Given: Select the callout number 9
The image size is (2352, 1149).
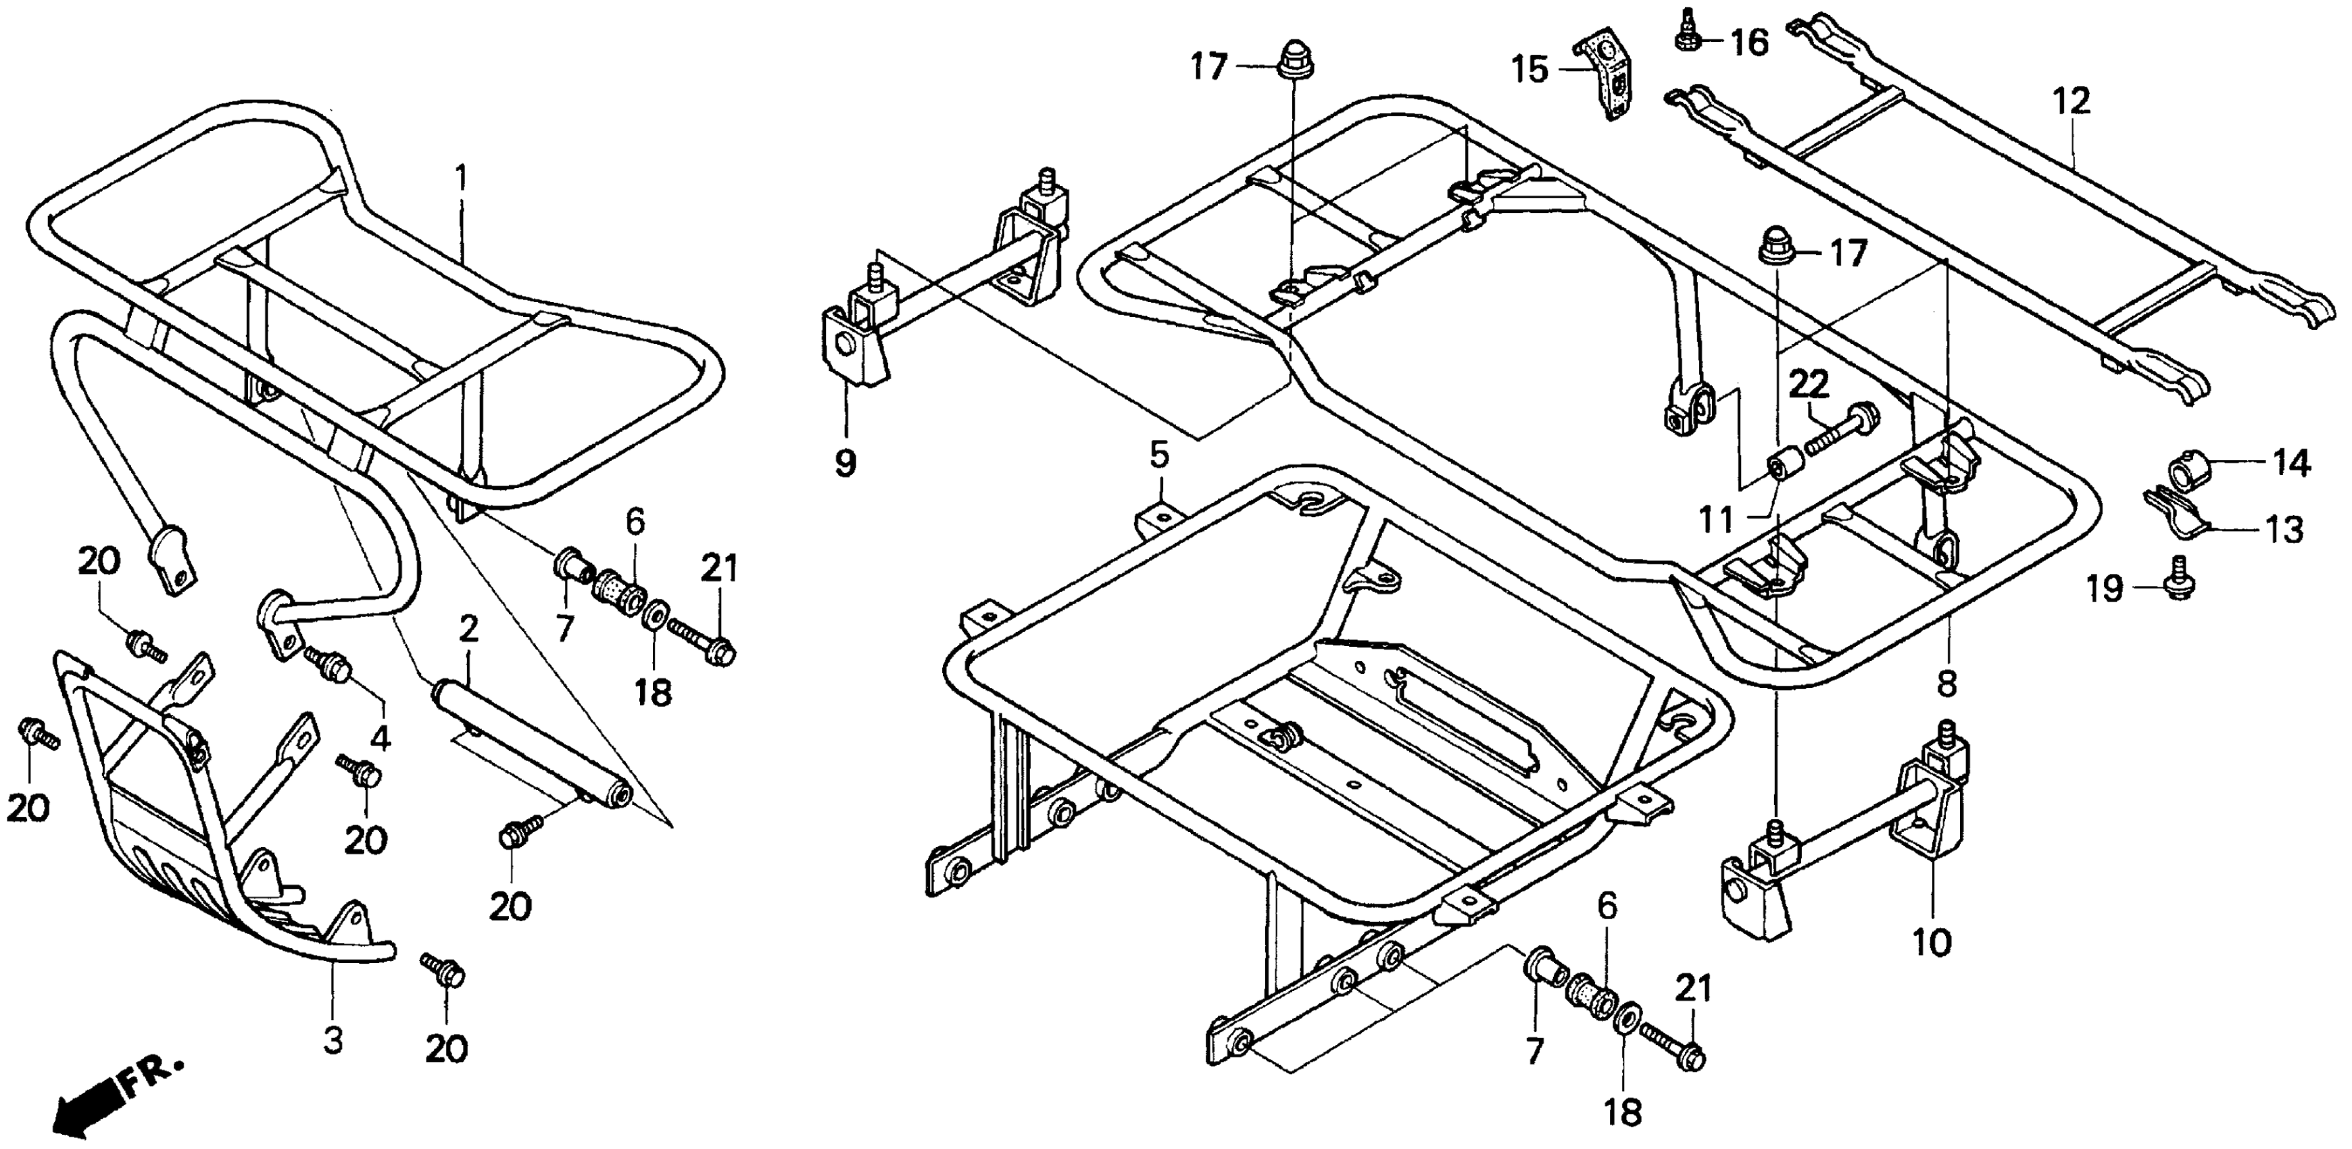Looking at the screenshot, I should click(846, 463).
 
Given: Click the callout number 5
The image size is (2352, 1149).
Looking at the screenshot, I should click(1158, 454).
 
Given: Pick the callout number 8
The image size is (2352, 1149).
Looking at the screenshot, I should click(1948, 683).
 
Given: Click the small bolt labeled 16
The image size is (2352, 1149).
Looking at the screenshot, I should click(1684, 31).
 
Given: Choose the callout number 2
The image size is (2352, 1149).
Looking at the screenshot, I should click(468, 629).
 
